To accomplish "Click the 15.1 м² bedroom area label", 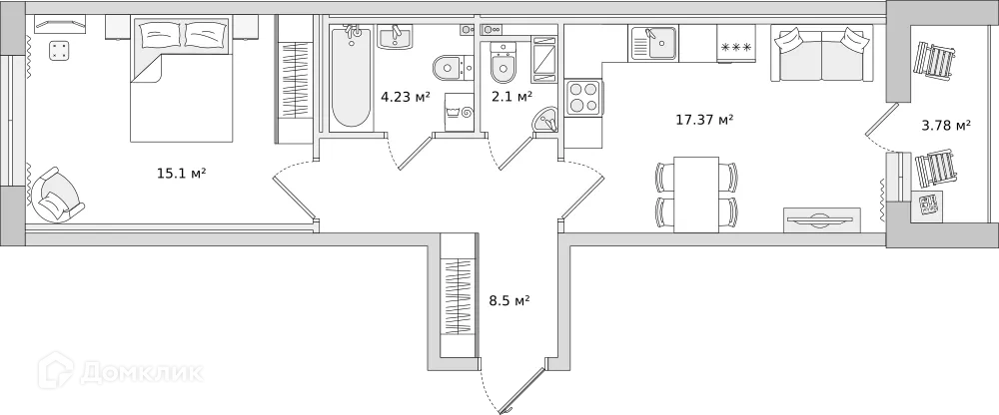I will coord(181,174).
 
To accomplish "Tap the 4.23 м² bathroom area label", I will coord(405,97).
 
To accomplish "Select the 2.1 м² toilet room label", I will coord(510,96).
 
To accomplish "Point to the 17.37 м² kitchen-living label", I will coord(704,120).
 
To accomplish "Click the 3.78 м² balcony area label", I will coord(945,125).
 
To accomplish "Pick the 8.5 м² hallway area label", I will coord(508,299).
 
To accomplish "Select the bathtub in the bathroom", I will coord(351,77).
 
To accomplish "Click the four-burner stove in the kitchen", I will coord(583,99).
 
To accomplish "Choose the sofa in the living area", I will coord(821,56).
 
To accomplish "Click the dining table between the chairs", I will coord(696,195).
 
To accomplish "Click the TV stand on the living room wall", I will coord(821,219).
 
